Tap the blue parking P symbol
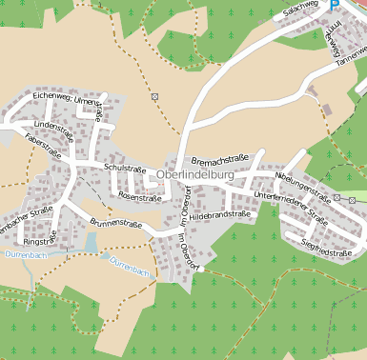coord(335,4)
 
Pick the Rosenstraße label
coord(139,198)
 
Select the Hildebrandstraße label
coord(220,216)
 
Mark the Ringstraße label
coord(51,238)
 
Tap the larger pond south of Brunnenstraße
coord(90,244)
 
